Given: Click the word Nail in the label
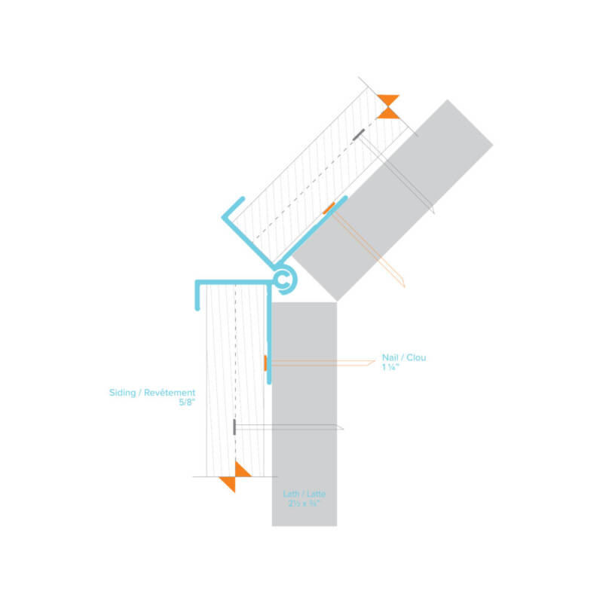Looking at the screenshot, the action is pos(390,357).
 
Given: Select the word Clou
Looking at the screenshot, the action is pos(416,357).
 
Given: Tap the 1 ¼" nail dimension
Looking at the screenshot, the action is pos(390,367).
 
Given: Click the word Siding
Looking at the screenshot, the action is pos(122,393).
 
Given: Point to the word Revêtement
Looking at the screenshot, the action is pos(170,393).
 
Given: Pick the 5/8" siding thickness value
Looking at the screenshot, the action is pos(187,403).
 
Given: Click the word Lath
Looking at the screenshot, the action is pos(291,494).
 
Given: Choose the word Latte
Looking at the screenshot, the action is pos(316,494).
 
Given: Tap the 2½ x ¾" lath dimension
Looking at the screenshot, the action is pos(305,503).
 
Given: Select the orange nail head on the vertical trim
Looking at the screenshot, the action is pos(265,363).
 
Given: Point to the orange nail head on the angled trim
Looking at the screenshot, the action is pos(329,208).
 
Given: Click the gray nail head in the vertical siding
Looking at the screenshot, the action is pos(234,427).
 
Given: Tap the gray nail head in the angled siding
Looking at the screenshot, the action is pos(359,135).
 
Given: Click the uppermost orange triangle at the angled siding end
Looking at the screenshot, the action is pos(388,99).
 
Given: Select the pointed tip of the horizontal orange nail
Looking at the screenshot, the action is pos(375,361).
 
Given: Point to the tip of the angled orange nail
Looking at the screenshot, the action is pos(404,286).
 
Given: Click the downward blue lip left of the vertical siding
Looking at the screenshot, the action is pos(197,296).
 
